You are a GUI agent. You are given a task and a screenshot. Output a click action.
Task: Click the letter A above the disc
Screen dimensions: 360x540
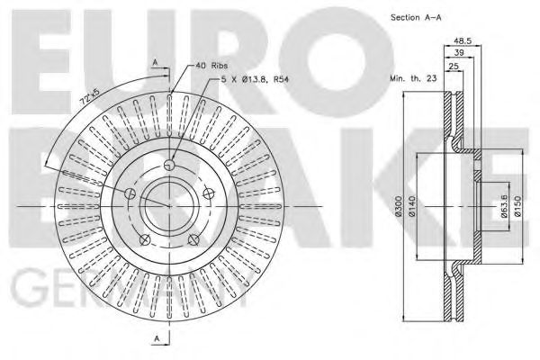(156, 62)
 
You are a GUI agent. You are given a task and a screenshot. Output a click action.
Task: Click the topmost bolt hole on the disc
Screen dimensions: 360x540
(169, 164)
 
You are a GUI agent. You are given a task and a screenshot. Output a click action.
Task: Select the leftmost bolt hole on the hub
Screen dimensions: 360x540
(130, 193)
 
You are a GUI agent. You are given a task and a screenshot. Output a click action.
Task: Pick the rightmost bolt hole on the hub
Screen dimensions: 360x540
(209, 193)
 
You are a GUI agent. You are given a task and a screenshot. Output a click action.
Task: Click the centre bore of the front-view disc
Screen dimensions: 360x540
(169, 207)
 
